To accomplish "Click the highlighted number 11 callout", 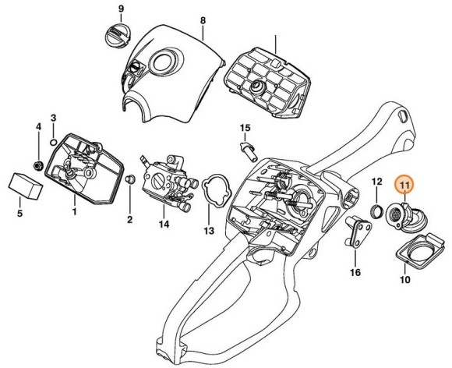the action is tap(404, 184).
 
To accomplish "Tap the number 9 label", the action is tap(121, 9).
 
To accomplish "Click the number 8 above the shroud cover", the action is tap(203, 20).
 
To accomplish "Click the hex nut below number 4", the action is tap(38, 165).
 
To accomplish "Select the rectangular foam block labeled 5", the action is tap(26, 186).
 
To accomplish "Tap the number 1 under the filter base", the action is tap(75, 212).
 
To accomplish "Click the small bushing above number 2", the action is tap(129, 179).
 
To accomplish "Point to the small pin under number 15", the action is tap(249, 150).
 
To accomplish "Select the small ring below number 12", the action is tap(376, 212).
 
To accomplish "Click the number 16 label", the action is tap(355, 272).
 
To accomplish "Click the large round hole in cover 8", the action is tap(164, 62).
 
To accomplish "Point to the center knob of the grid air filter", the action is tap(256, 86).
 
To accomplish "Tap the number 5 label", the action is tap(19, 214).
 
